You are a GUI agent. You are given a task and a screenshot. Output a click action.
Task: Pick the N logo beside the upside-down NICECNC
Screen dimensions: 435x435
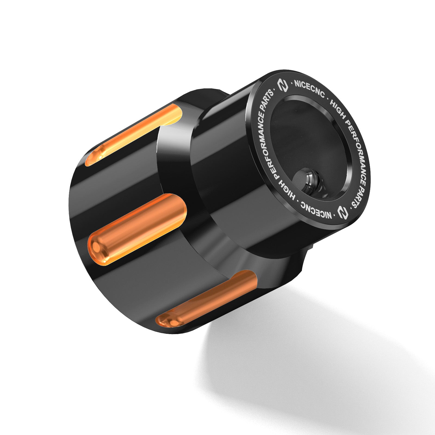343,212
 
